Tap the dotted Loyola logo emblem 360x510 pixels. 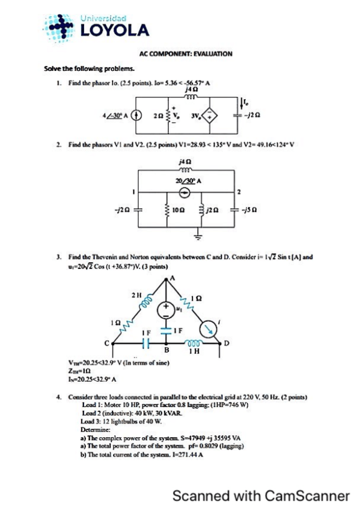click(x=60, y=27)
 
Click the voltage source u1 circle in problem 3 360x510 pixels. click(x=165, y=310)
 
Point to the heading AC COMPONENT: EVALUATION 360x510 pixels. click(x=181, y=54)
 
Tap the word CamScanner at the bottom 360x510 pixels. click(x=307, y=496)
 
